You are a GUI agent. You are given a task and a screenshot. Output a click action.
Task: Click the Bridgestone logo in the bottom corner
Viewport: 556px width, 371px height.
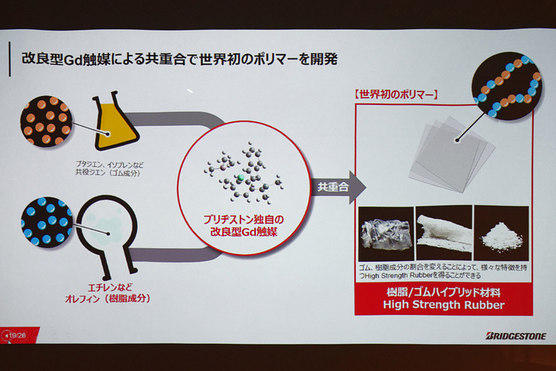[x=516, y=336]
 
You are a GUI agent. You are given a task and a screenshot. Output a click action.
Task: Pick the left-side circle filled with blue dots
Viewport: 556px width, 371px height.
[x=46, y=222]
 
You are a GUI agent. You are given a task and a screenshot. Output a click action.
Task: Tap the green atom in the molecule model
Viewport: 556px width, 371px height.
[x=240, y=179]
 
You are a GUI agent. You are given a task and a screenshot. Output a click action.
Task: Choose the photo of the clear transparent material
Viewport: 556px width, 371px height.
[x=384, y=233]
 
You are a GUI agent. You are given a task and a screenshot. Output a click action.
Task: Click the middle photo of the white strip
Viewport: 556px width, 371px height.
[x=443, y=233]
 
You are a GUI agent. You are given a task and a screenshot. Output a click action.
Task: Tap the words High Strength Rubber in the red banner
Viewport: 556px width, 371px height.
[x=443, y=306]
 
